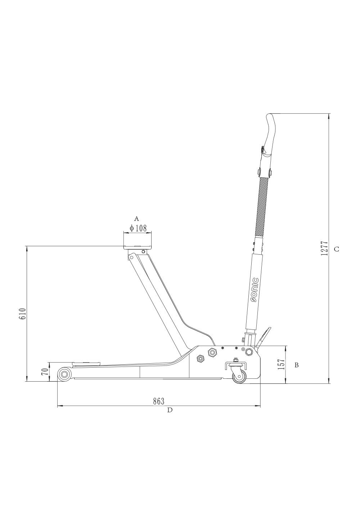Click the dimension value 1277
(x=324, y=248)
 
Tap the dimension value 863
(x=158, y=401)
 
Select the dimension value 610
(x=23, y=314)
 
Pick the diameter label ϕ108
(x=138, y=228)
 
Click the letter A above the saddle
(x=136, y=219)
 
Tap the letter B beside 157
(x=296, y=365)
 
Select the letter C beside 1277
(x=337, y=249)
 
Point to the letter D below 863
(x=170, y=410)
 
